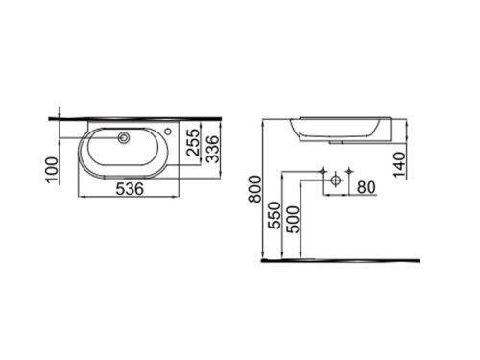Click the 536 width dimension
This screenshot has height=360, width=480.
click(124, 190)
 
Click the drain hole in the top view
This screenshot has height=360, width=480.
click(123, 138)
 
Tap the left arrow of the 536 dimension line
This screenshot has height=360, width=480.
click(78, 199)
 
